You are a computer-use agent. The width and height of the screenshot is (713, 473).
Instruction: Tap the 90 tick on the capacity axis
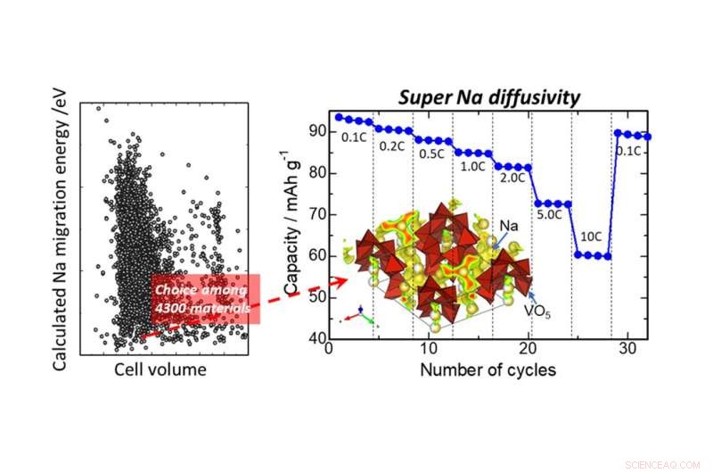coord(318,132)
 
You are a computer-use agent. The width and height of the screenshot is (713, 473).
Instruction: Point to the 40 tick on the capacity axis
coord(318,340)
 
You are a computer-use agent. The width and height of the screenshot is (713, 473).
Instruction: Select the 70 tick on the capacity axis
coord(318,215)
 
